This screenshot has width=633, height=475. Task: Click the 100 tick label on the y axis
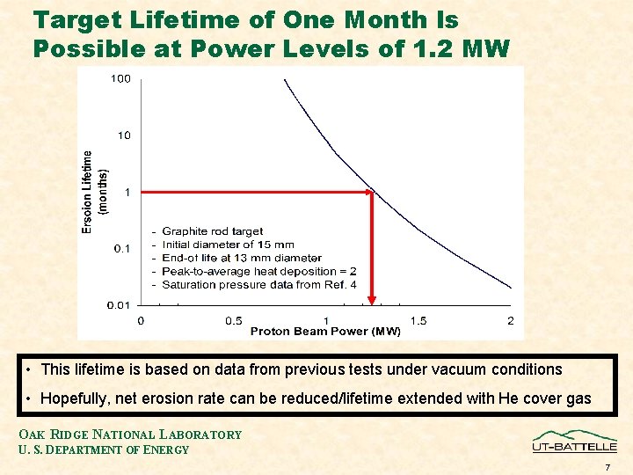pyautogui.click(x=120, y=79)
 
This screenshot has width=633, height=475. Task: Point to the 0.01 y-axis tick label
pyautogui.click(x=120, y=305)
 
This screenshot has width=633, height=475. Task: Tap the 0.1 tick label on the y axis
pyautogui.click(x=123, y=249)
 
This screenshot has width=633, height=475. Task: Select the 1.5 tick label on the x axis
pyautogui.click(x=418, y=320)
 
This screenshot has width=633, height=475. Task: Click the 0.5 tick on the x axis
pyautogui.click(x=234, y=320)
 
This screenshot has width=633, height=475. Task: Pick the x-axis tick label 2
pyautogui.click(x=511, y=320)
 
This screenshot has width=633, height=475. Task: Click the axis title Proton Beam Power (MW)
pyautogui.click(x=325, y=332)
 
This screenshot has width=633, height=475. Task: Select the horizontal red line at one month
pyautogui.click(x=255, y=192)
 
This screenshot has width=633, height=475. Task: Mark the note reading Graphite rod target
pyautogui.click(x=212, y=231)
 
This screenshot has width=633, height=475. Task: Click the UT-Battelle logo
pyautogui.click(x=574, y=441)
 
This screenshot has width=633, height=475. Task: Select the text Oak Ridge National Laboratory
pyautogui.click(x=130, y=435)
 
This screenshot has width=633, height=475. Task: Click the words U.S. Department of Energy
pyautogui.click(x=104, y=449)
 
